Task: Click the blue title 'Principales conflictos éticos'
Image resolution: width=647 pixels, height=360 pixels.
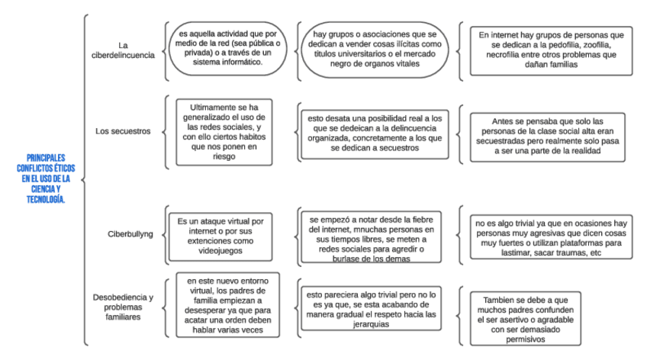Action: pyautogui.click(x=43, y=178)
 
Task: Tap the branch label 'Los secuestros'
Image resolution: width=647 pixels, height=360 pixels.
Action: pyautogui.click(x=123, y=131)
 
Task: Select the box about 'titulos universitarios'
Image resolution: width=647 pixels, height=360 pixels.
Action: pyautogui.click(x=372, y=50)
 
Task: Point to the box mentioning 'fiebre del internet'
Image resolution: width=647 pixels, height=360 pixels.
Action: pyautogui.click(x=372, y=237)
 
